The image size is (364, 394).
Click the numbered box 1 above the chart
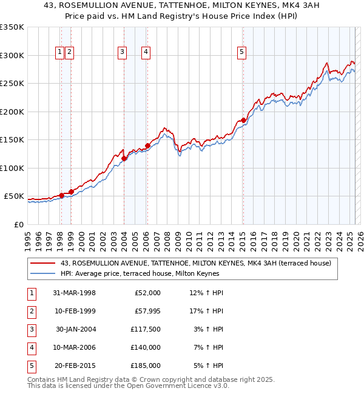coord(60,53)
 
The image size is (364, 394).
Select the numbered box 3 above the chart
coord(122,53)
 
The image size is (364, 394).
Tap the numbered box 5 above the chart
coord(241,53)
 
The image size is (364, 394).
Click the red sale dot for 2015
coord(243,121)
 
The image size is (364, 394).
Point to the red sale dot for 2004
coord(124,159)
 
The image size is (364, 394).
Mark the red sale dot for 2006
coord(147,146)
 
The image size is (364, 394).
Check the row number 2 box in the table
coord(30,311)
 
